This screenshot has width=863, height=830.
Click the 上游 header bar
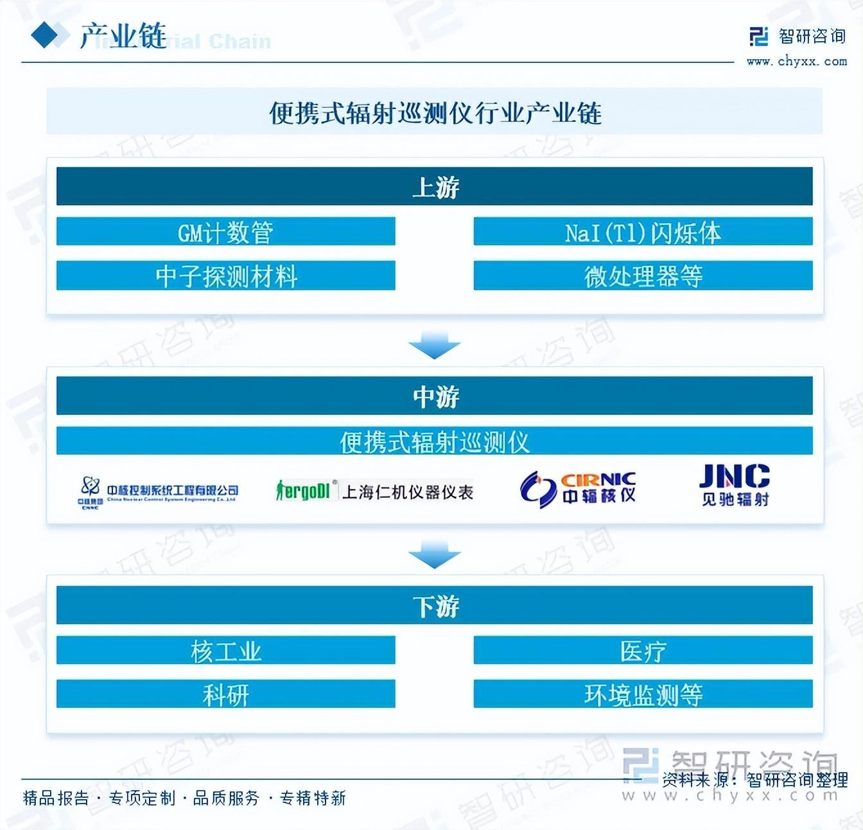click(x=435, y=186)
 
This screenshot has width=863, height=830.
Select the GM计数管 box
click(x=225, y=231)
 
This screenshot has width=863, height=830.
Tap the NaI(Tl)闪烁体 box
click(x=643, y=231)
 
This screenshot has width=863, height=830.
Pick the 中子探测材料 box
click(x=225, y=276)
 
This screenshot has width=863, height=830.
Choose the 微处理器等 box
click(x=643, y=276)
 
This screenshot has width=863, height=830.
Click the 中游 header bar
click(x=435, y=396)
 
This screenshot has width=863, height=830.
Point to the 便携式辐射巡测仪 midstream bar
click(x=435, y=441)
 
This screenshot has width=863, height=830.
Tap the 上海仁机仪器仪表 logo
click(x=374, y=491)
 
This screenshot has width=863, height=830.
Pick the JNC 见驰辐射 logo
click(x=735, y=485)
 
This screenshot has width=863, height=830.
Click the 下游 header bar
click(x=435, y=605)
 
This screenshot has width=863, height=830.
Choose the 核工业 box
click(x=225, y=650)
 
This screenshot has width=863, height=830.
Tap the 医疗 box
click(x=643, y=650)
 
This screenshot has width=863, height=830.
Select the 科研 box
click(x=225, y=694)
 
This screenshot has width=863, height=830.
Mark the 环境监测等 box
click(x=643, y=694)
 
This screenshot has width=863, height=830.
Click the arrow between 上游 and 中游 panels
click(x=435, y=345)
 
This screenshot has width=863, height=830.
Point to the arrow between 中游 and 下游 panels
click(x=435, y=554)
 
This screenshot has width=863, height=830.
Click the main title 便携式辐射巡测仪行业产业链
click(x=435, y=112)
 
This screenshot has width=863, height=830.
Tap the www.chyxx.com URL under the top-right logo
click(x=796, y=62)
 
